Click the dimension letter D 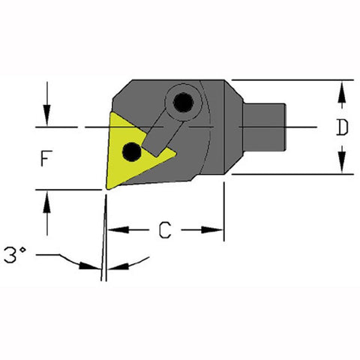point(342,127)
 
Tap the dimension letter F point(46,158)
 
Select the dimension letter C point(165,229)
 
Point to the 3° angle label point(15,255)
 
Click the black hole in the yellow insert point(132,151)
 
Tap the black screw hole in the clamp point(183,103)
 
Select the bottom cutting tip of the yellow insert point(108,188)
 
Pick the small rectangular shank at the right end point(264,127)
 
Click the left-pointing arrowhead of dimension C point(118,229)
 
